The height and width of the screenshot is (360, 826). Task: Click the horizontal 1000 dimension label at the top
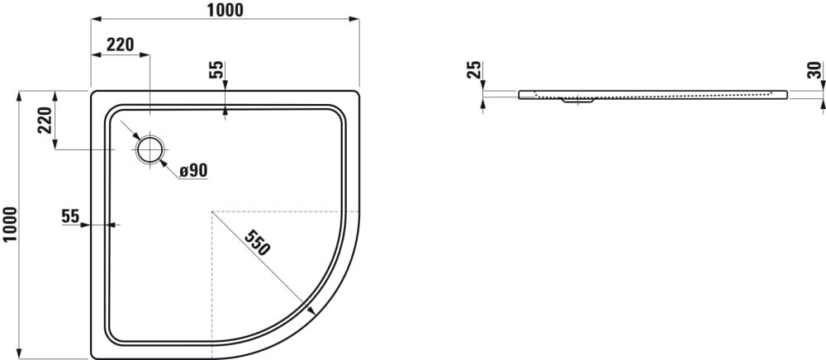[x=225, y=9]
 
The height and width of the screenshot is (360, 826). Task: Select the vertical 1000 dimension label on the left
[x=10, y=225]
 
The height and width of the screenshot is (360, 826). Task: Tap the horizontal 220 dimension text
[x=120, y=45]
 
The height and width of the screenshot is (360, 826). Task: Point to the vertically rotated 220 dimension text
[x=45, y=120]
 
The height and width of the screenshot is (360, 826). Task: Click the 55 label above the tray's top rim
[x=216, y=70]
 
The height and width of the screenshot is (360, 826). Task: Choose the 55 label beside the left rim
[x=70, y=216]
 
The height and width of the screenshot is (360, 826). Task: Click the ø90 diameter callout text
[x=192, y=171]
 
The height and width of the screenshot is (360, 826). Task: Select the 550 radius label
[x=258, y=243]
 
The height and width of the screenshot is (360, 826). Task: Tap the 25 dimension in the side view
[x=474, y=69]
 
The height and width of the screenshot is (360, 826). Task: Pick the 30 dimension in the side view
[x=814, y=70]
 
